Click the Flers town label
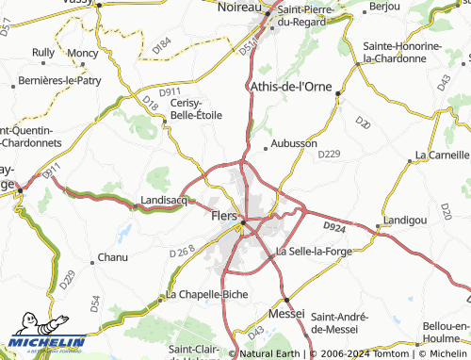[219, 217]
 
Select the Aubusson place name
[294, 143]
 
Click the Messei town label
[286, 312]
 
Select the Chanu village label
[113, 257]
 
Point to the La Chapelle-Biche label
[207, 294]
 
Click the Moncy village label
[83, 54]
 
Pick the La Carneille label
[442, 154]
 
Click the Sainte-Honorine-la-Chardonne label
[405, 52]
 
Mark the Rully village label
[43, 53]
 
